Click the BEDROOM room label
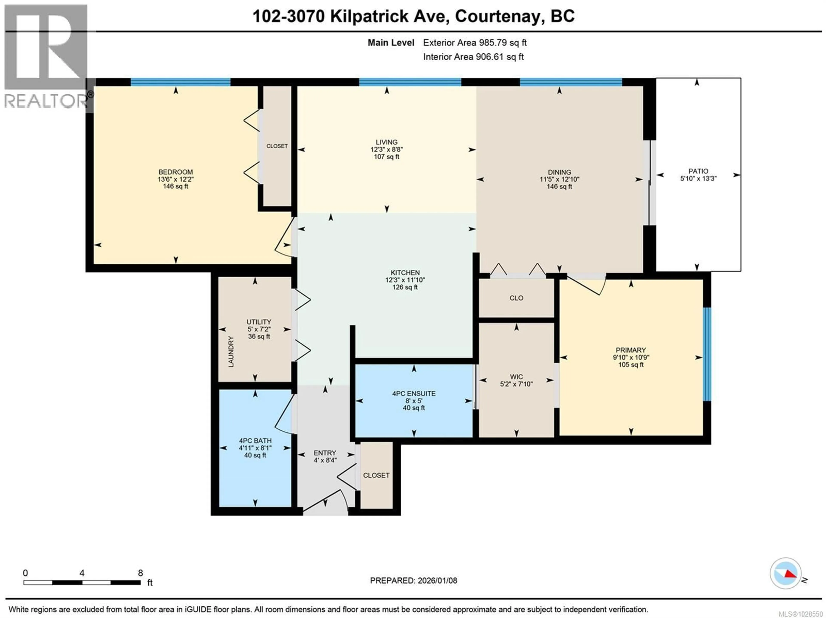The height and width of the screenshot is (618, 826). click(176, 172)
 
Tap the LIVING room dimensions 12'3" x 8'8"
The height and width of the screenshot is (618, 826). click(387, 149)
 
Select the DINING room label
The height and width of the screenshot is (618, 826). click(559, 172)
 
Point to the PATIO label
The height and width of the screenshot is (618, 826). click(698, 171)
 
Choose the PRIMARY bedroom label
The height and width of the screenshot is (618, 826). click(631, 350)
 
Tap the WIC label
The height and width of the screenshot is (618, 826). click(516, 377)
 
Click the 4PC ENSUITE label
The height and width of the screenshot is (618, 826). click(414, 393)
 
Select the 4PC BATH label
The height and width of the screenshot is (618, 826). click(255, 441)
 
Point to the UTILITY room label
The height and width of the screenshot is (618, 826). click(259, 322)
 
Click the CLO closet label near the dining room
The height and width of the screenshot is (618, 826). click(516, 298)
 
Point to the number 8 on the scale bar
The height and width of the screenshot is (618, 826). click(140, 573)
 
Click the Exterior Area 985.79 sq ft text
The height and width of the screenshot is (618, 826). click(475, 43)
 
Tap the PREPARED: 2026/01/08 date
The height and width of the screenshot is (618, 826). click(413, 580)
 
